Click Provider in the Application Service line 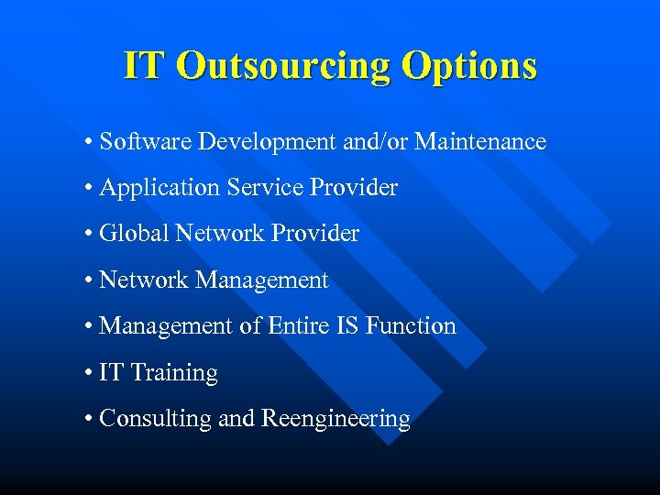354,188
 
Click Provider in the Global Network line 315,234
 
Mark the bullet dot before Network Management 86,280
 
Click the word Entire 294,326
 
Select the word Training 174,373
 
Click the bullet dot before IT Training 86,373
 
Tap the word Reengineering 335,419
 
